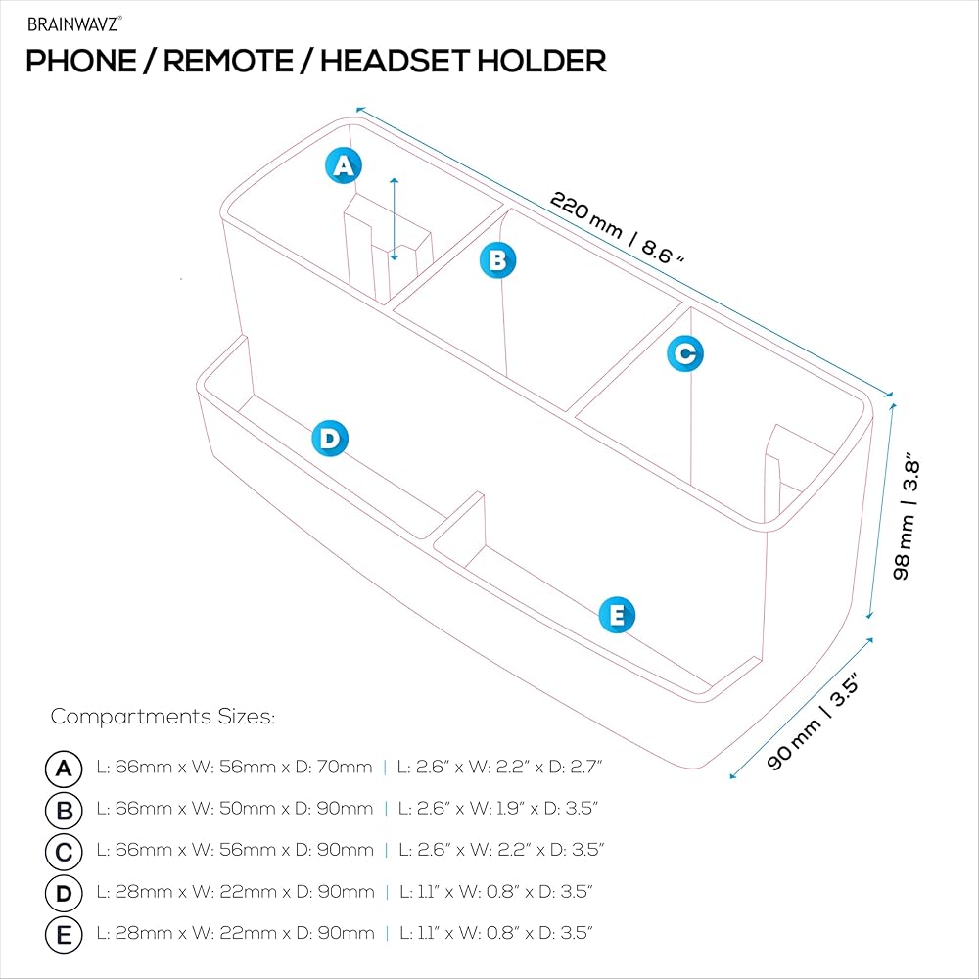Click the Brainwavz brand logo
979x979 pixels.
click(x=74, y=23)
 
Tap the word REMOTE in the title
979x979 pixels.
click(x=227, y=61)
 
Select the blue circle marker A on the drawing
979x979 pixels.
click(x=342, y=165)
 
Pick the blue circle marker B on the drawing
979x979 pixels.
click(x=497, y=260)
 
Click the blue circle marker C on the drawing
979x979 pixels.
click(x=685, y=353)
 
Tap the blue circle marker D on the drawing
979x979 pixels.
click(x=330, y=439)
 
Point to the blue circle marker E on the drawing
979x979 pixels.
click(x=617, y=616)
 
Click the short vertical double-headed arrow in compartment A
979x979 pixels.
click(x=394, y=219)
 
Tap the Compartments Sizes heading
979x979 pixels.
click(x=163, y=717)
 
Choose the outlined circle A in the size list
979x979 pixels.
click(x=64, y=769)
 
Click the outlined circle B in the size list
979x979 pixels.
click(x=64, y=810)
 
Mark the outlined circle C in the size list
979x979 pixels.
click(x=64, y=852)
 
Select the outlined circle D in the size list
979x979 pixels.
click(x=64, y=893)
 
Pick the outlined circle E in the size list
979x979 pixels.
click(x=64, y=935)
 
